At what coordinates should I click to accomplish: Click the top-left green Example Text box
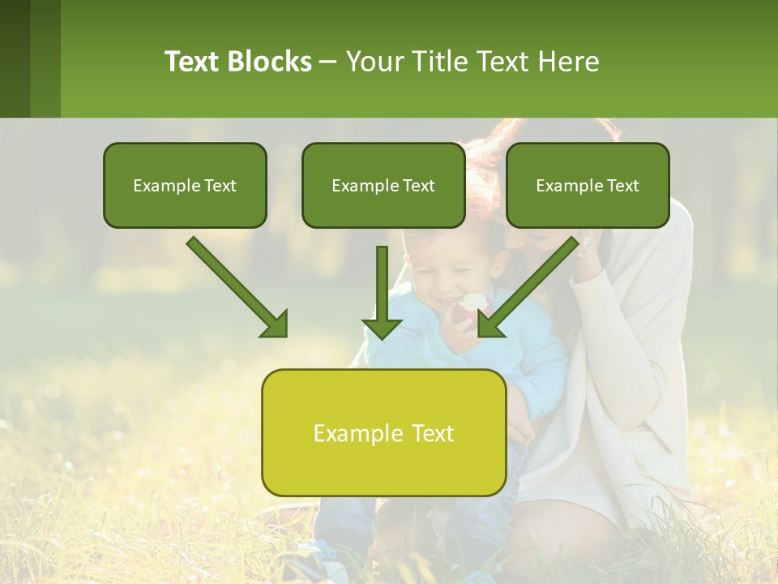point(185,185)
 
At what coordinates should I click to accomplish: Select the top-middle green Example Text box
point(383,185)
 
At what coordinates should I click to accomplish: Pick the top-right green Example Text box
point(588,185)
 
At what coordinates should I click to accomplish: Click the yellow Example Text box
point(383,432)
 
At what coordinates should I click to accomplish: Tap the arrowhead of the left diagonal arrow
point(276,324)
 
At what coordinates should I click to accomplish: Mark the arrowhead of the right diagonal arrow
point(489,324)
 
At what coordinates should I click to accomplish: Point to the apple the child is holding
point(472,307)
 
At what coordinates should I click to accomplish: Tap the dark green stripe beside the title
point(15,58)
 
